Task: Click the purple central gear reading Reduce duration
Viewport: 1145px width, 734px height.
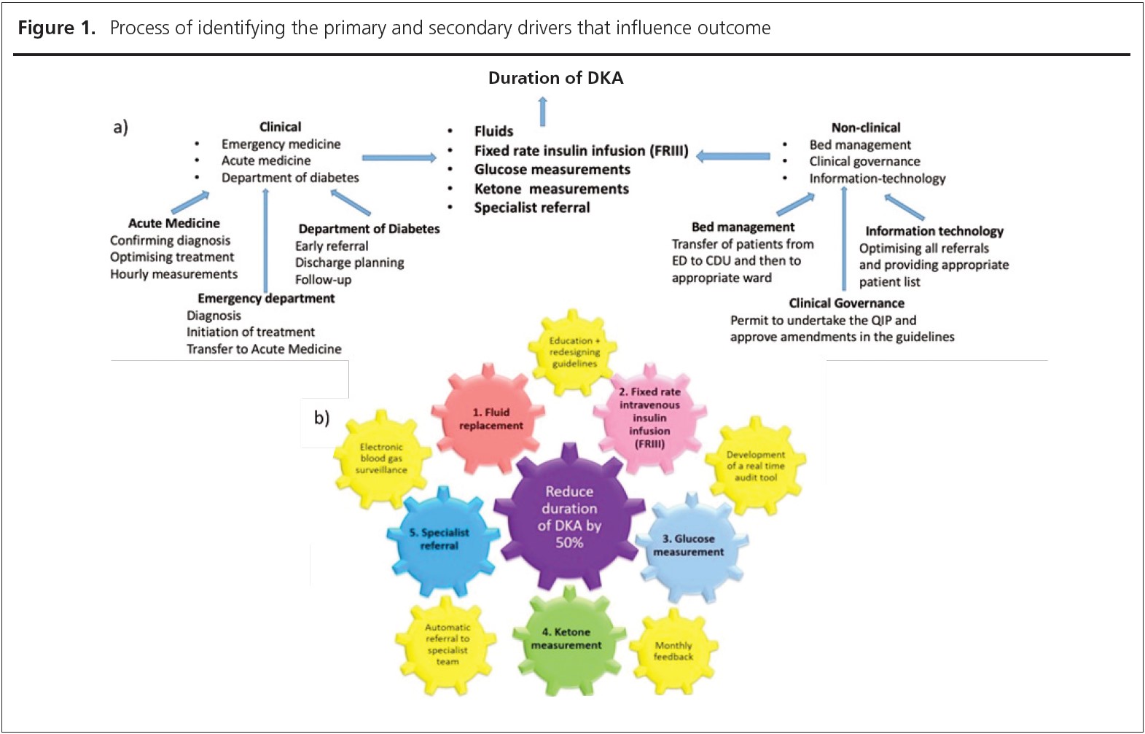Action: point(569,516)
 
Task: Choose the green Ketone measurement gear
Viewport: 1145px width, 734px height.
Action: point(566,639)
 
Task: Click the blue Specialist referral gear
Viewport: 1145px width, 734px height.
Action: point(439,539)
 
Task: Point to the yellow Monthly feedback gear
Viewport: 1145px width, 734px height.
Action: point(673,651)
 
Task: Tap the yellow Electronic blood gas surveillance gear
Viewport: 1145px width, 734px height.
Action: point(381,458)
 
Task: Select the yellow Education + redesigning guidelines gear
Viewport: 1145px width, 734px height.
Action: point(574,352)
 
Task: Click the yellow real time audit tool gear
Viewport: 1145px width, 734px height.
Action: point(755,466)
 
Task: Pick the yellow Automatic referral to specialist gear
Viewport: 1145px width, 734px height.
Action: point(447,644)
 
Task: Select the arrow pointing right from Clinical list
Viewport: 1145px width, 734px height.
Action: point(399,157)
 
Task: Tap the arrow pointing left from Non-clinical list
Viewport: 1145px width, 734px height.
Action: point(733,155)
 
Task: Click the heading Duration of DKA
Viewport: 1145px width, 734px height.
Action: point(555,78)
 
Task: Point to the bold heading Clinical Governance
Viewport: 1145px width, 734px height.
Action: point(846,303)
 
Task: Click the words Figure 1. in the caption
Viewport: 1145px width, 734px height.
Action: point(57,28)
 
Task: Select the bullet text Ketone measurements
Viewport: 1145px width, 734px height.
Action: point(551,189)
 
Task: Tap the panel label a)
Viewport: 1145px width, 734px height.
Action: point(120,128)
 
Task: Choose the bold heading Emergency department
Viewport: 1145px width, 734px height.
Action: point(266,298)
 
